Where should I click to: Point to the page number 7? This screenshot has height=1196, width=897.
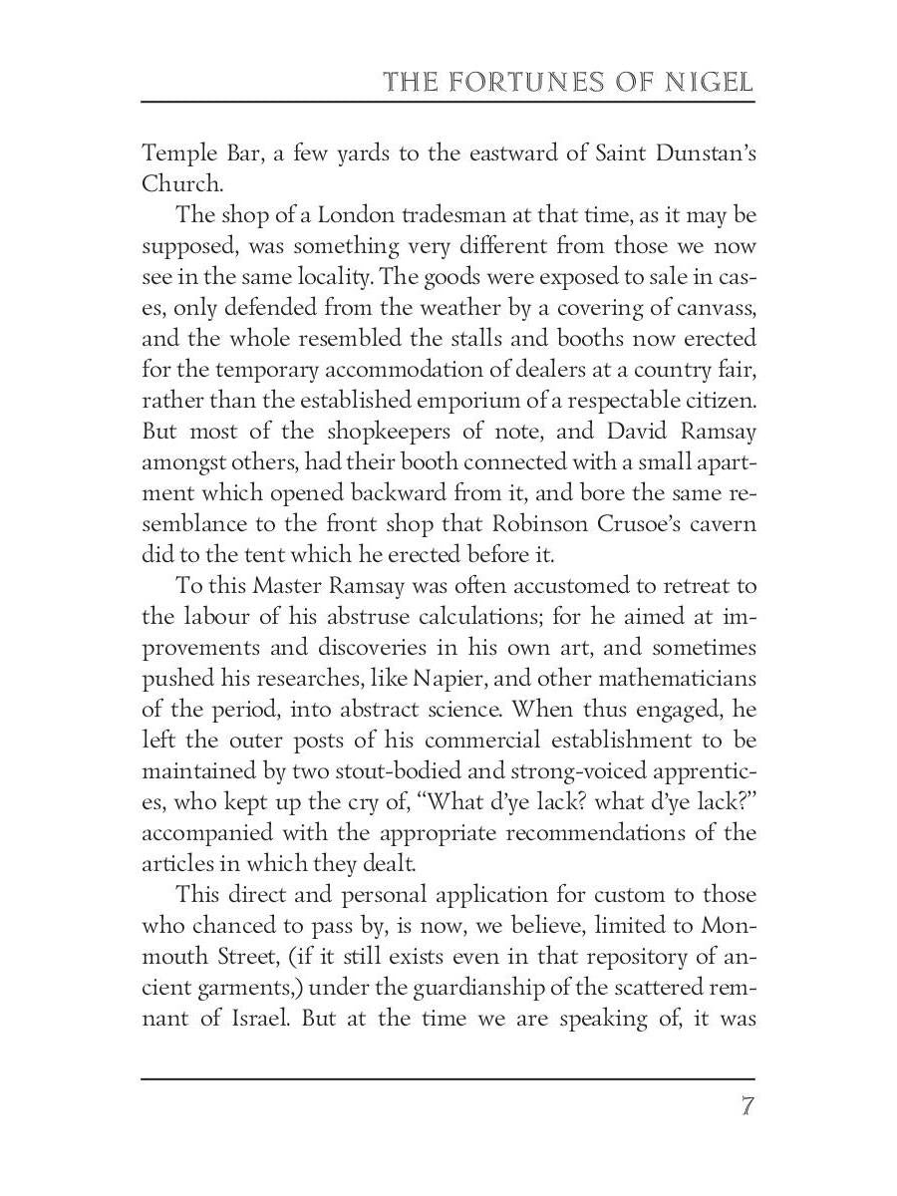point(746,1107)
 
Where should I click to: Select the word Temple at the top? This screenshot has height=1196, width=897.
point(175,153)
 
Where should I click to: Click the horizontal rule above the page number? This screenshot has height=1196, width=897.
point(448,1078)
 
